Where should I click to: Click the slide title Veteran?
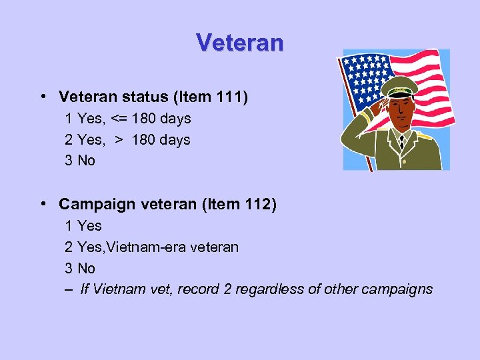[x=240, y=43]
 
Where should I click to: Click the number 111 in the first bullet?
[x=230, y=97]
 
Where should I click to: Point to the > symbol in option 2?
[x=119, y=140]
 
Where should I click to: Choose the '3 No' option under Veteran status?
[x=80, y=161]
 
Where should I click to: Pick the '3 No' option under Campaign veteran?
[x=80, y=268]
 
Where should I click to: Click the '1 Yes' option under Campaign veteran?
[x=83, y=226]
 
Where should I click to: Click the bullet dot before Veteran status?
[x=42, y=97]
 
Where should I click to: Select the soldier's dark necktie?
[x=401, y=141]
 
